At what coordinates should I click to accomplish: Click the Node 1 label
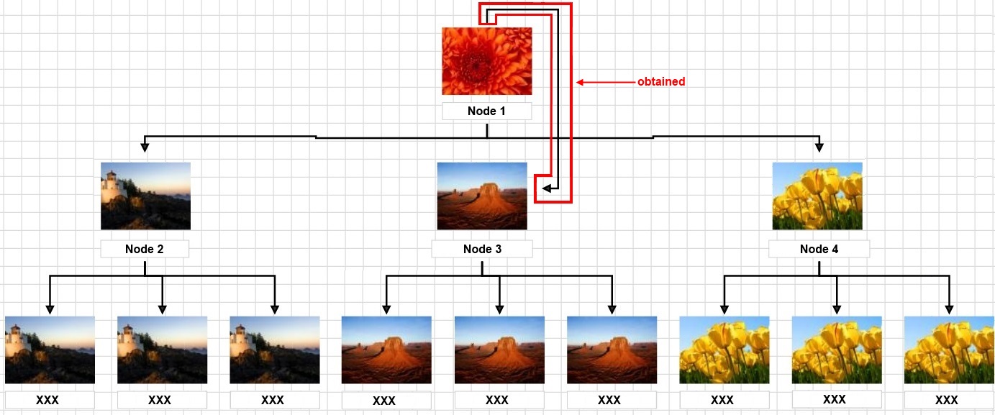click(486, 111)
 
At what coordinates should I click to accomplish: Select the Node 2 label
click(145, 249)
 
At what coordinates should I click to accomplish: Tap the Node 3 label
click(483, 249)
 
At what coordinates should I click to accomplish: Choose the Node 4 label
click(819, 249)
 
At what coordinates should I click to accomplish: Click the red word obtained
click(661, 82)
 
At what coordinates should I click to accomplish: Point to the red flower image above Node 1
click(487, 61)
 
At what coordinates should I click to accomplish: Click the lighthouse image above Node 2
click(146, 196)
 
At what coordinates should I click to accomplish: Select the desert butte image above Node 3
click(482, 196)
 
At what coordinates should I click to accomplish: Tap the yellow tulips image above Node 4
click(817, 196)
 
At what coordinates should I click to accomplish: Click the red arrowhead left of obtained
click(580, 82)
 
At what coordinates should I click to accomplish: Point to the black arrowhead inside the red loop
click(547, 188)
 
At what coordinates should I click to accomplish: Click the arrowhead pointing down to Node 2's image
click(145, 147)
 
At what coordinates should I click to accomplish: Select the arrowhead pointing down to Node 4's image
click(819, 147)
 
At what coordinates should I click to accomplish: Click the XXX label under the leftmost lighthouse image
click(47, 400)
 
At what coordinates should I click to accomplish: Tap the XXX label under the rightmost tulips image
click(947, 400)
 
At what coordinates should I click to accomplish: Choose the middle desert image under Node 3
click(499, 350)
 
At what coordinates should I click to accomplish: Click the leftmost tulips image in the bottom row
click(724, 350)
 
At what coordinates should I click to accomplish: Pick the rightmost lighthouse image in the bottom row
click(275, 350)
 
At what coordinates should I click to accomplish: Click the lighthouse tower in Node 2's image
click(111, 184)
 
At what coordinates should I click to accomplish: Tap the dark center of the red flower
click(476, 65)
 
